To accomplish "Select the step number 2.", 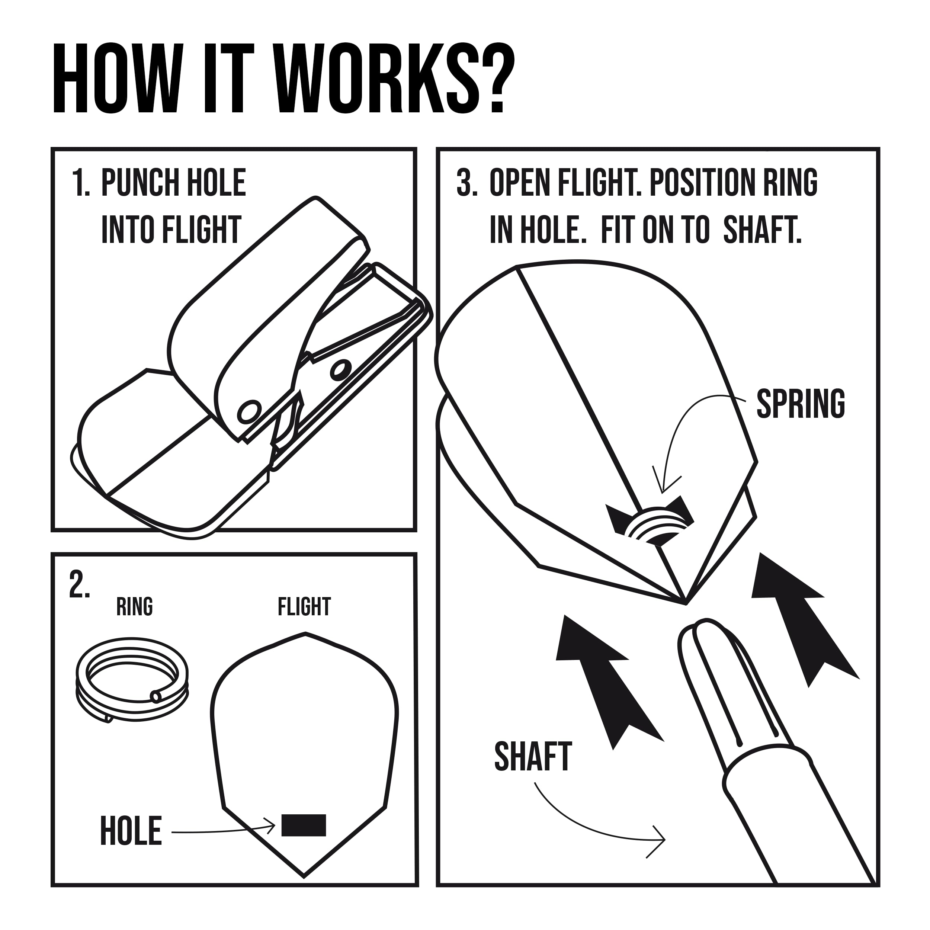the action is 80,584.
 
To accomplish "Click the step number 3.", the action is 466,183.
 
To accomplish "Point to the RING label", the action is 135,606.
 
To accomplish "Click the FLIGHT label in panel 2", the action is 304,606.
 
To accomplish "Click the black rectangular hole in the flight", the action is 304,825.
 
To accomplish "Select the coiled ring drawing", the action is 132,680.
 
